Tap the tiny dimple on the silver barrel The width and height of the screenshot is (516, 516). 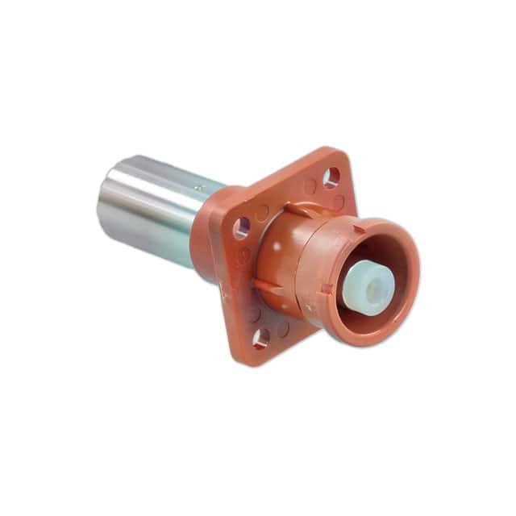[x=200, y=187]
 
